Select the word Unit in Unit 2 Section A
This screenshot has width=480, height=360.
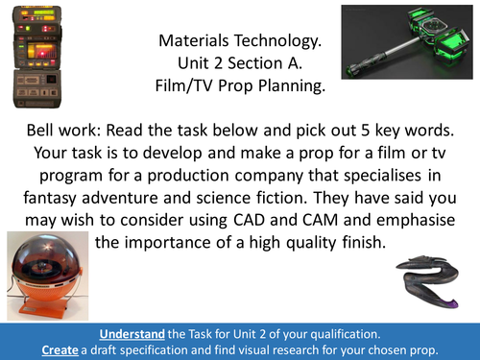(x=193, y=64)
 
